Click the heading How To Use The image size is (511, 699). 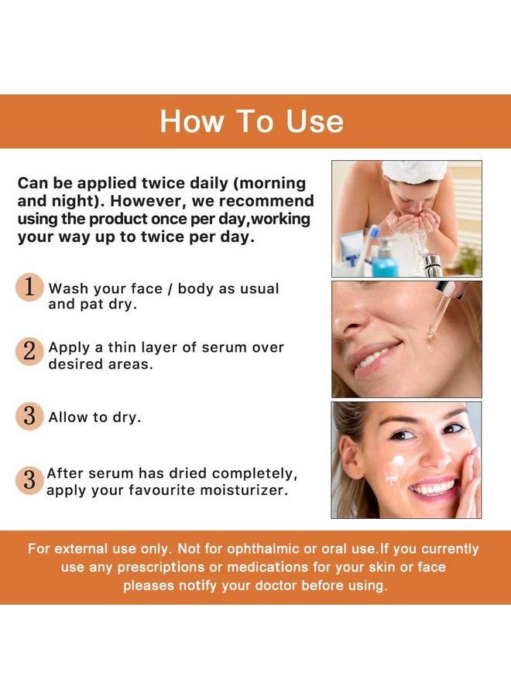(x=252, y=121)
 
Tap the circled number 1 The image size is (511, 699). (x=29, y=287)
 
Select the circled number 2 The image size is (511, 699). (x=29, y=351)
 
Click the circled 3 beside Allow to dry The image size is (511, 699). (x=29, y=416)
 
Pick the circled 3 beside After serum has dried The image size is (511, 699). (x=29, y=480)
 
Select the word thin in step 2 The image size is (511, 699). (x=122, y=347)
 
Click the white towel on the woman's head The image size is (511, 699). (x=414, y=171)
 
